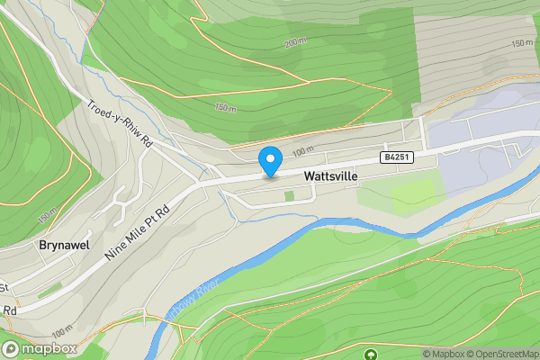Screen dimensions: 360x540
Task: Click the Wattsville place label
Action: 331,177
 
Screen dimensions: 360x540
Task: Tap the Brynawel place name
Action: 62,245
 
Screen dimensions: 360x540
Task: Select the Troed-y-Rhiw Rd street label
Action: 120,123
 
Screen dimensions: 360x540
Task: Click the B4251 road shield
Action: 390,157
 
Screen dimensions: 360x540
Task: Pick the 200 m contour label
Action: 295,42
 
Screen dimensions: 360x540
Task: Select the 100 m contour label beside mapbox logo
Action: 62,333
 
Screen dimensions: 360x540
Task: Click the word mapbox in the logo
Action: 49,348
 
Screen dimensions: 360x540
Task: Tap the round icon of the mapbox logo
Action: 12,348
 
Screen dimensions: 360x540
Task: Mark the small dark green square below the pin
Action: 289,195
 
